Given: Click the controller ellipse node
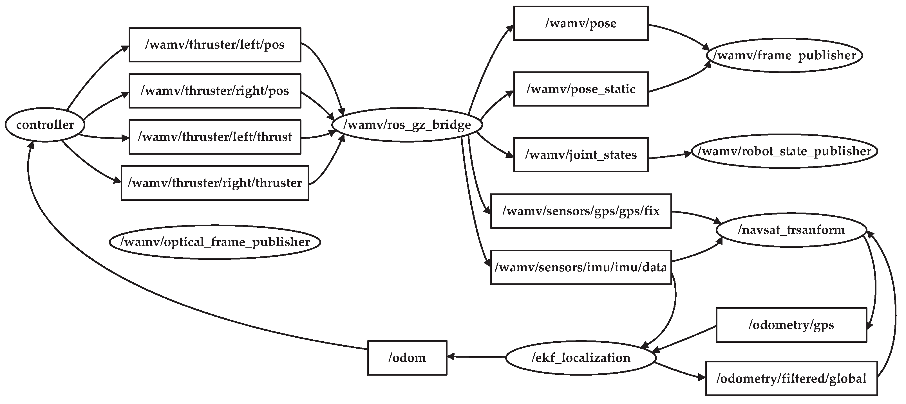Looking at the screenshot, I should [45, 125].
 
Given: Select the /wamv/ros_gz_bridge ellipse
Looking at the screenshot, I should [407, 125].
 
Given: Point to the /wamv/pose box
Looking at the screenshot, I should [581, 23].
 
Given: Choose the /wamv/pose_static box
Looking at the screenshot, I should [581, 89].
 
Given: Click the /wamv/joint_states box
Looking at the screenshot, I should [581, 155].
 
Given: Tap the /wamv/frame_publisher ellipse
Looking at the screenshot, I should [784, 55].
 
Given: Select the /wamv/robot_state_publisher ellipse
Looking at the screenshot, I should [784, 151].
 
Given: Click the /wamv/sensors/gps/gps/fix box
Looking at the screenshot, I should [581, 211].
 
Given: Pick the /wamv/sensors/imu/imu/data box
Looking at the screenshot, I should [581, 267].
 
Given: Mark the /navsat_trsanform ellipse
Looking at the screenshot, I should [791, 230].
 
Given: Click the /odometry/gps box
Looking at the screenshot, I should [791, 325].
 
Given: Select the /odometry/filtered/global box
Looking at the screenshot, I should [791, 378].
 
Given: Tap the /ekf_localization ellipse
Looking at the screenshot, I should [581, 358].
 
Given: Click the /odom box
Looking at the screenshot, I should [407, 358].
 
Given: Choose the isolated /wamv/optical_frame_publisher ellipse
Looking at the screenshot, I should [215, 242].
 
